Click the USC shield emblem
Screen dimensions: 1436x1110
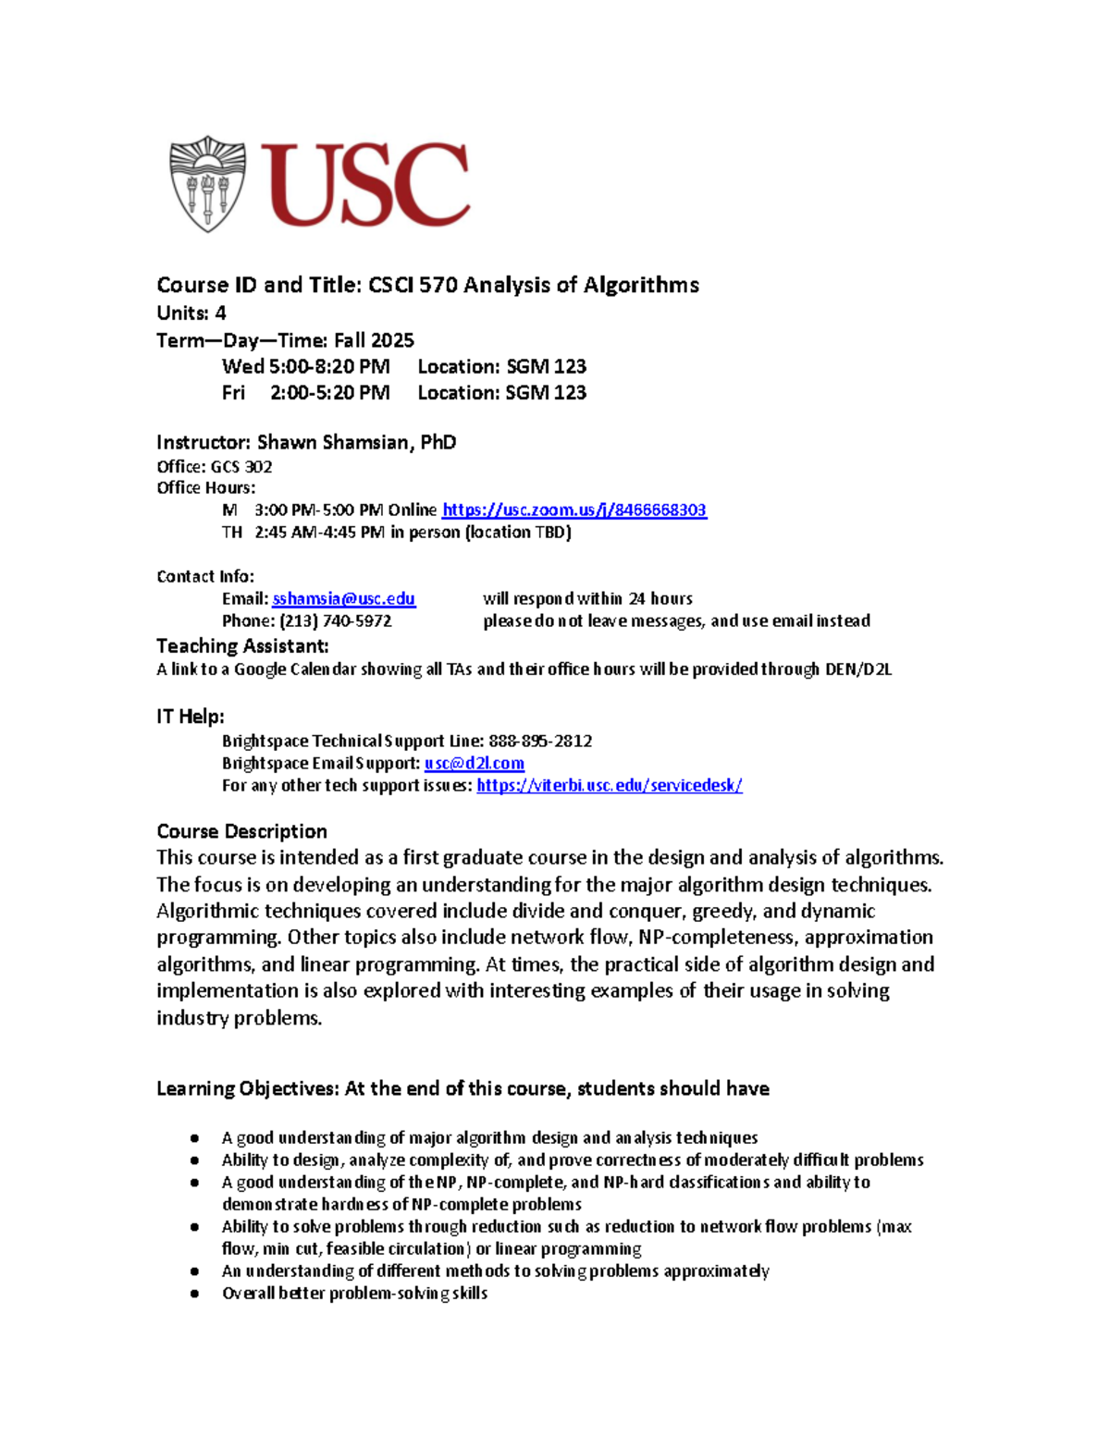[207, 183]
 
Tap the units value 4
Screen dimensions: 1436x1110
[220, 313]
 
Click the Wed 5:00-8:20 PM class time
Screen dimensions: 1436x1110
[306, 366]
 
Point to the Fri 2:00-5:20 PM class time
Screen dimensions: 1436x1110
[306, 392]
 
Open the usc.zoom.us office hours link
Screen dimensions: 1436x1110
[574, 509]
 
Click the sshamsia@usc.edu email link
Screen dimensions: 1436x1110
[344, 598]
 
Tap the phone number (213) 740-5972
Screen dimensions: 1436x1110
[336, 620]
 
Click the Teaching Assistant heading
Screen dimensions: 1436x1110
[242, 645]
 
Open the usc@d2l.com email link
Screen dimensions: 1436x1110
[475, 763]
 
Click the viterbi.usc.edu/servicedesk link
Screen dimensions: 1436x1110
[610, 785]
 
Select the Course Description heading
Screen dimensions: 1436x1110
[241, 830]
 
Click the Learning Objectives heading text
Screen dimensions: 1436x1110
[248, 1088]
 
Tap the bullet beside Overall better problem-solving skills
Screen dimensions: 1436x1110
[194, 1294]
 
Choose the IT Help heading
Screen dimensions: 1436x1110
[190, 716]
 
